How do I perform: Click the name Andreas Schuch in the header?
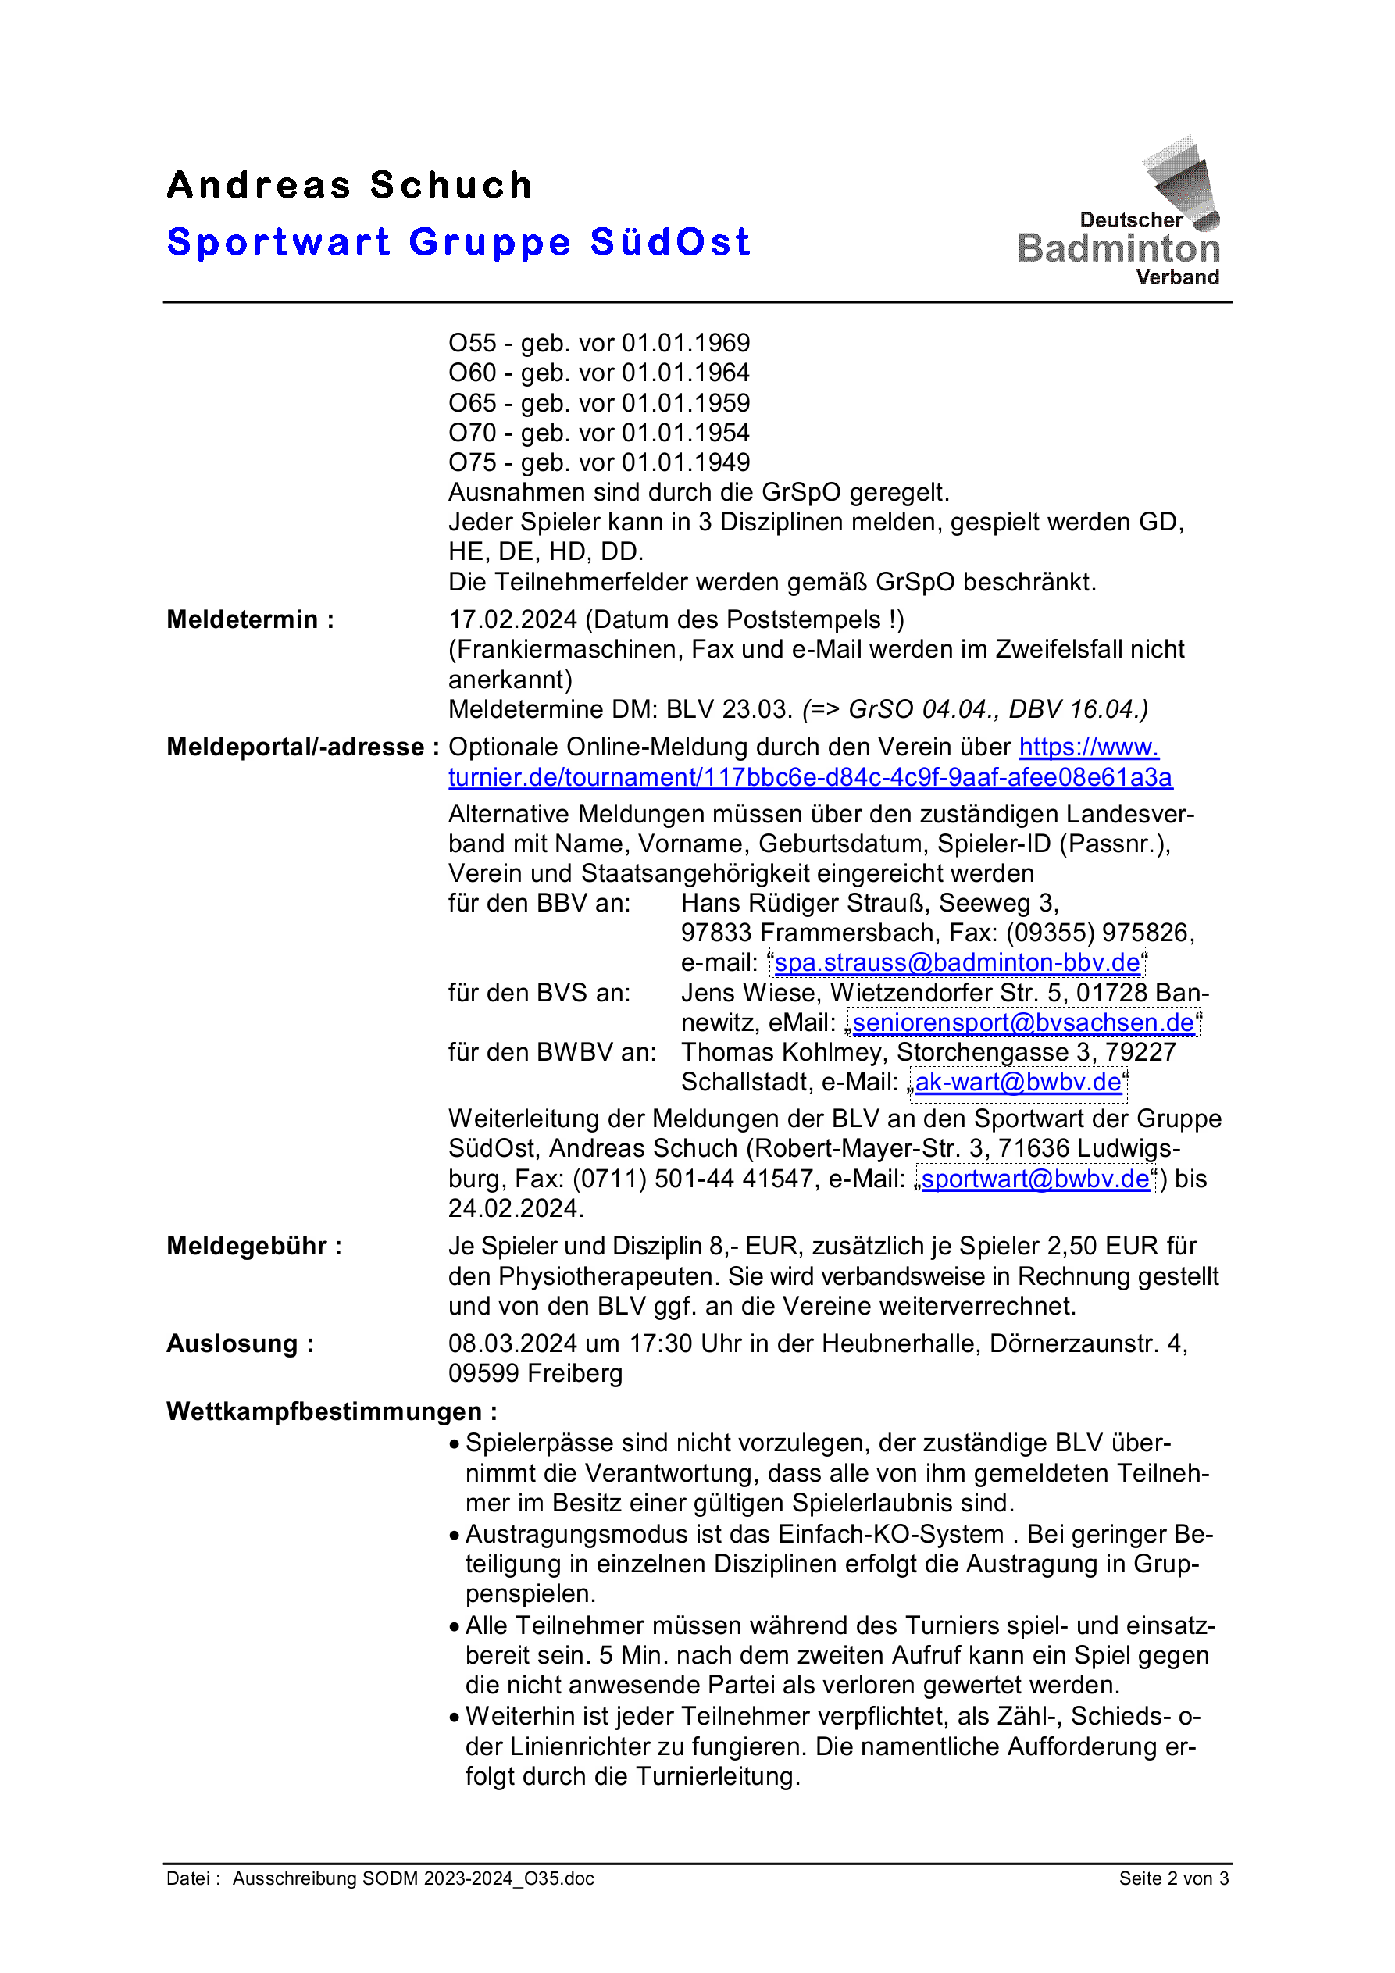click(349, 186)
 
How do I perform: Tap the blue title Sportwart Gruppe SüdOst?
click(458, 242)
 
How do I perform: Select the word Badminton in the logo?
click(1118, 249)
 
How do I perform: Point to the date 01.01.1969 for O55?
click(685, 344)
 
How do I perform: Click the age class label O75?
click(472, 463)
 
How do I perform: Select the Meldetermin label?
click(249, 619)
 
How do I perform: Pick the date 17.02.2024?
click(512, 619)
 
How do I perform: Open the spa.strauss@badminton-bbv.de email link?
click(957, 963)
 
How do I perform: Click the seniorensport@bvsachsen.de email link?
click(1023, 1023)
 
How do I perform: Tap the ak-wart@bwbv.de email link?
click(1018, 1083)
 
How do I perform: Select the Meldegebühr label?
click(254, 1246)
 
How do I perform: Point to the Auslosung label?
click(240, 1344)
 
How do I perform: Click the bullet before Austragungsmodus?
click(455, 1536)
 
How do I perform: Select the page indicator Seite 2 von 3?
click(1173, 1878)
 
